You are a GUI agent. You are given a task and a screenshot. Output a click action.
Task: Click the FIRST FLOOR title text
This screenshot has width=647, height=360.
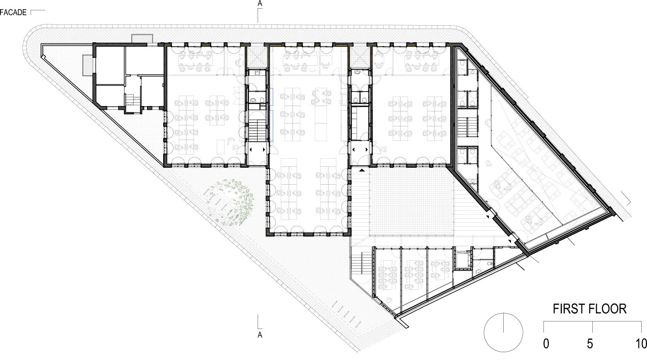(589, 309)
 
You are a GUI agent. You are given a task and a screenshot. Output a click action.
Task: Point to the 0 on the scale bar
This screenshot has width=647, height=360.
(546, 343)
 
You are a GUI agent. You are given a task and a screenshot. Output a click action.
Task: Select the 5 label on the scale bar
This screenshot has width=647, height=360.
(590, 343)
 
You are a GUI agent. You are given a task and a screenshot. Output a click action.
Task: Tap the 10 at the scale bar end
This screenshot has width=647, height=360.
(641, 343)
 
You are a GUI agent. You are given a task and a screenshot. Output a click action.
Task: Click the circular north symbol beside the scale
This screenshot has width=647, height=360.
(503, 332)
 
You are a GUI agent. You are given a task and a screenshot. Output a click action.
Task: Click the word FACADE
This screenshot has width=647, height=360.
(13, 12)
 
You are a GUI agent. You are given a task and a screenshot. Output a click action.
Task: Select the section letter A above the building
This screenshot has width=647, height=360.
(260, 4)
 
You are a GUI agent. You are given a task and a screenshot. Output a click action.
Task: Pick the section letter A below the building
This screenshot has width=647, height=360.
(260, 335)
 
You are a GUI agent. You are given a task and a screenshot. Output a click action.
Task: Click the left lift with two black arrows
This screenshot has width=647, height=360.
(257, 150)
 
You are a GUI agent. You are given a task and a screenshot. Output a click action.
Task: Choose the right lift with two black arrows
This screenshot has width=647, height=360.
(360, 150)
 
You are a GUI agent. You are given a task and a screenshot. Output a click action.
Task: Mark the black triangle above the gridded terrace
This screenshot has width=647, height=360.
(362, 170)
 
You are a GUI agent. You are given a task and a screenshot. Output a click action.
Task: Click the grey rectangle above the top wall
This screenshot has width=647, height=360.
(142, 39)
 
